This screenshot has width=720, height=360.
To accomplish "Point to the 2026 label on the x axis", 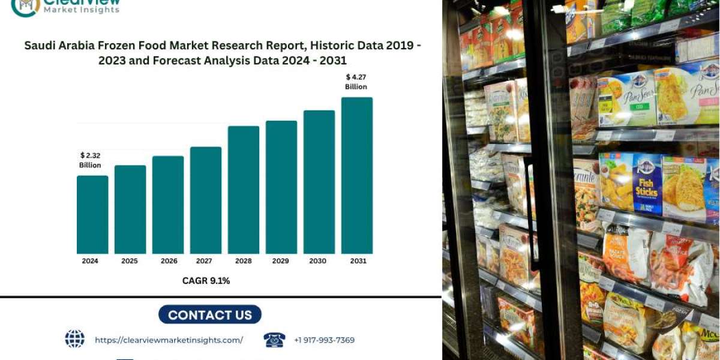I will [168, 261].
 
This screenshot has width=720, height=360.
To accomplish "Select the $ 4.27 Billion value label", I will [356, 82].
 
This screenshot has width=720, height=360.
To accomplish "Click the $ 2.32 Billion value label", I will [90, 160].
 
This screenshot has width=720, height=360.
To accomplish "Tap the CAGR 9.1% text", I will [206, 280].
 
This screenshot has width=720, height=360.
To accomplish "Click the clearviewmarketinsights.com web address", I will [169, 340].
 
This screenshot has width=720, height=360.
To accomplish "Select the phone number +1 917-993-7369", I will [324, 340].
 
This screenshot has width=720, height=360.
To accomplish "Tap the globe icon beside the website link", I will [74, 339].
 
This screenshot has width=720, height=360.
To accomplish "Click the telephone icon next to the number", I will [274, 340].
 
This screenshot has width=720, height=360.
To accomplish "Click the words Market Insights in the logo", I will [82, 10].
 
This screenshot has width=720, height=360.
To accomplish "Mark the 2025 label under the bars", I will [130, 261].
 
